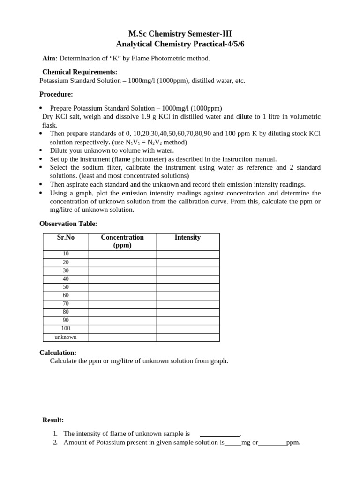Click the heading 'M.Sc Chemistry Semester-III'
pos(180,34)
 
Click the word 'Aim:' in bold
pos(50,59)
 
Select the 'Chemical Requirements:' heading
pos(80,72)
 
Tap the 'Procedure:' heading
pos(56,94)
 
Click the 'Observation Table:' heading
pos(68,224)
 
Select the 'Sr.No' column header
pos(66,238)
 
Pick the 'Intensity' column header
pos(187,238)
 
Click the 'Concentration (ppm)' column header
pos(122,241)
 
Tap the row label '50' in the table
pos(66,287)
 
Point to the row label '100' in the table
pos(66,329)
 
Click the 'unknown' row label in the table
pos(66,337)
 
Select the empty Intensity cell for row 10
pos(187,254)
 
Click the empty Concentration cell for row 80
pos(122,312)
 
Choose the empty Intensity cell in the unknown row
pos(187,337)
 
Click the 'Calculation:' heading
pos(58,352)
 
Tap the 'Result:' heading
pos(53,420)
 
